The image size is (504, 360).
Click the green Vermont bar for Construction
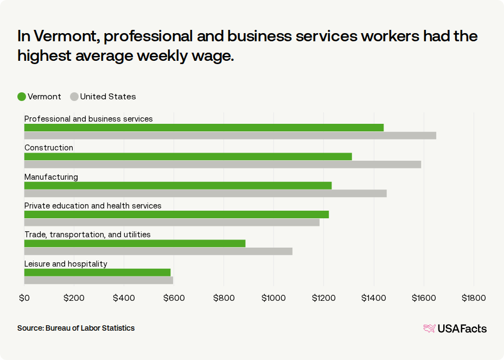[188, 156]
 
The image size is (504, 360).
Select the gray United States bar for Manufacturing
[205, 193]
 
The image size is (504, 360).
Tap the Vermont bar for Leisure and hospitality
[97, 273]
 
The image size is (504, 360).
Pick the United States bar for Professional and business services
[230, 135]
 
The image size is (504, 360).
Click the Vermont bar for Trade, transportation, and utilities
[135, 243]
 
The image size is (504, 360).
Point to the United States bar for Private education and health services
[171, 222]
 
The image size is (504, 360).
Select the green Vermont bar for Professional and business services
[203, 128]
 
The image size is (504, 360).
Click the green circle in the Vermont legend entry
[22, 97]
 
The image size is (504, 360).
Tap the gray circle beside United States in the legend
[74, 97]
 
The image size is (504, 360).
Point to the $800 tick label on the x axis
[224, 298]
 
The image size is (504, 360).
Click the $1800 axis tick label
[474, 298]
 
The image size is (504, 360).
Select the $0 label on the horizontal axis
[24, 298]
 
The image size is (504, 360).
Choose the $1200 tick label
[323, 298]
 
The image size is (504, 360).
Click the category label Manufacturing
[51, 177]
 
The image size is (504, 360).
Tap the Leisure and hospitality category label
[66, 264]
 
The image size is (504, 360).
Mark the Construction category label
[49, 148]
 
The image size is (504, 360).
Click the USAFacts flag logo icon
[429, 328]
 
